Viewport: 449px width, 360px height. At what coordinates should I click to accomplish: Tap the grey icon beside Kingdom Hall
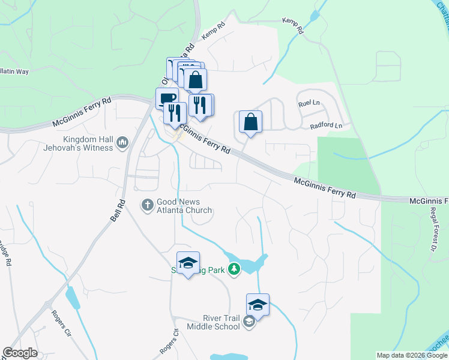[123, 143]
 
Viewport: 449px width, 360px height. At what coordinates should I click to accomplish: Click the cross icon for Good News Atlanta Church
[147, 205]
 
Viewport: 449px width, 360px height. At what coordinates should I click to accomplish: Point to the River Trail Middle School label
[213, 323]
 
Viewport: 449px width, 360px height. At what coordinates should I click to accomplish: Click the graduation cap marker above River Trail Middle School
[258, 306]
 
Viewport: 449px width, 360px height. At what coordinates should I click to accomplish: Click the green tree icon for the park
[234, 271]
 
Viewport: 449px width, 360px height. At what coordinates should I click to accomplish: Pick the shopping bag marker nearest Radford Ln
[250, 122]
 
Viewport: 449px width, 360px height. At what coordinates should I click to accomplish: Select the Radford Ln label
[326, 126]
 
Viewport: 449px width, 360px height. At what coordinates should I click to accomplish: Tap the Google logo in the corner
[20, 353]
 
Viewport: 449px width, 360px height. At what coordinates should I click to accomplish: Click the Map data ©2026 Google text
[411, 355]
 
